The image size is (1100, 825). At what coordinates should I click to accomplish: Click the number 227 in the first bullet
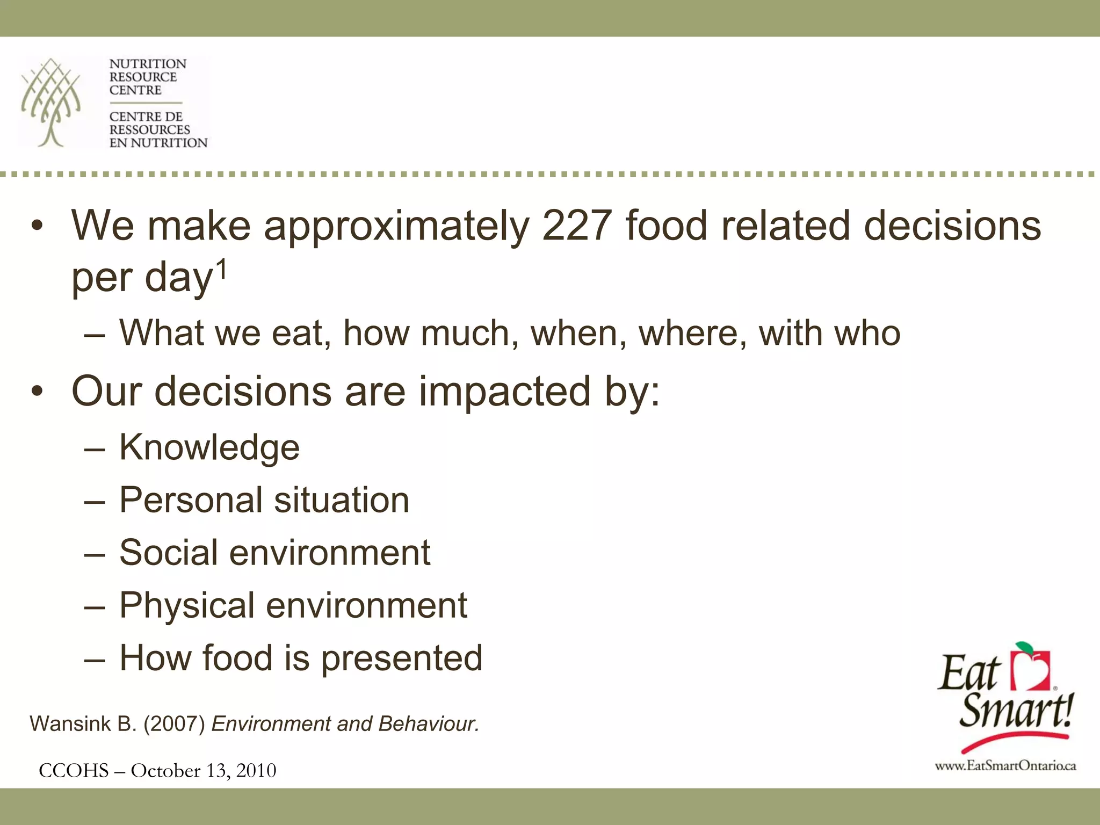tap(577, 226)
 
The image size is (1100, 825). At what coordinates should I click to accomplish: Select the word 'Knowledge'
tap(209, 447)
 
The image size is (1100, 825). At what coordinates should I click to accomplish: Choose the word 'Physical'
tap(186, 606)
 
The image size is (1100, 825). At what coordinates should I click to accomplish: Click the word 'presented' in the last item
tap(402, 658)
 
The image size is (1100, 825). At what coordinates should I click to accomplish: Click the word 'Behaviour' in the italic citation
tap(428, 724)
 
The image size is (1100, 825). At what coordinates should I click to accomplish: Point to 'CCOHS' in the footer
tap(74, 771)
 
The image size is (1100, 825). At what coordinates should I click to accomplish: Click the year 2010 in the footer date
tap(256, 771)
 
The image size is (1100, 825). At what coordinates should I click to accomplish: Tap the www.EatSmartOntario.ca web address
tap(1005, 766)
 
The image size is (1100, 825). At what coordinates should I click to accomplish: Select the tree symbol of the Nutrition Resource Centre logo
tap(51, 102)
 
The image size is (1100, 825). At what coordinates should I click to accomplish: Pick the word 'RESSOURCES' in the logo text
tap(150, 130)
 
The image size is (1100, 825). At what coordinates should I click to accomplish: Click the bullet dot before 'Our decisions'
tap(37, 392)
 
